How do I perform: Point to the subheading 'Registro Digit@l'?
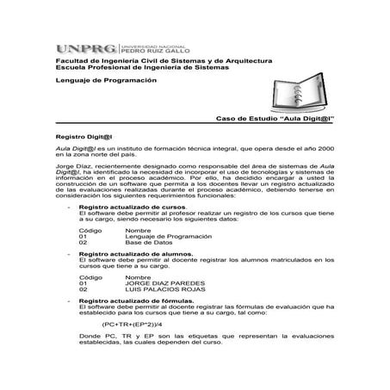[x=85, y=137]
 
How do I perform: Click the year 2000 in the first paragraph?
[x=323, y=150]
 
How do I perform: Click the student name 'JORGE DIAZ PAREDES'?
[x=164, y=283]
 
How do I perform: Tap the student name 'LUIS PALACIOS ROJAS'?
[x=166, y=290]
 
